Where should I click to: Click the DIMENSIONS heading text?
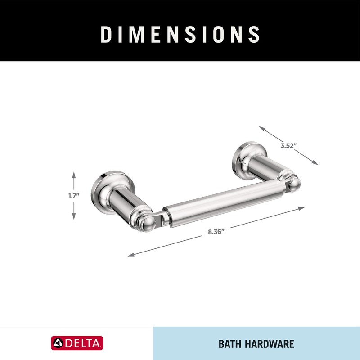[x=180, y=35]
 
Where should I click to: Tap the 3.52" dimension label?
[x=289, y=145]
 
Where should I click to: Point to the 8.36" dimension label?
[x=216, y=232]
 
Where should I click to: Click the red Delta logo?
[x=77, y=343]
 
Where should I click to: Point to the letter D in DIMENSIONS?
[x=106, y=35]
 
